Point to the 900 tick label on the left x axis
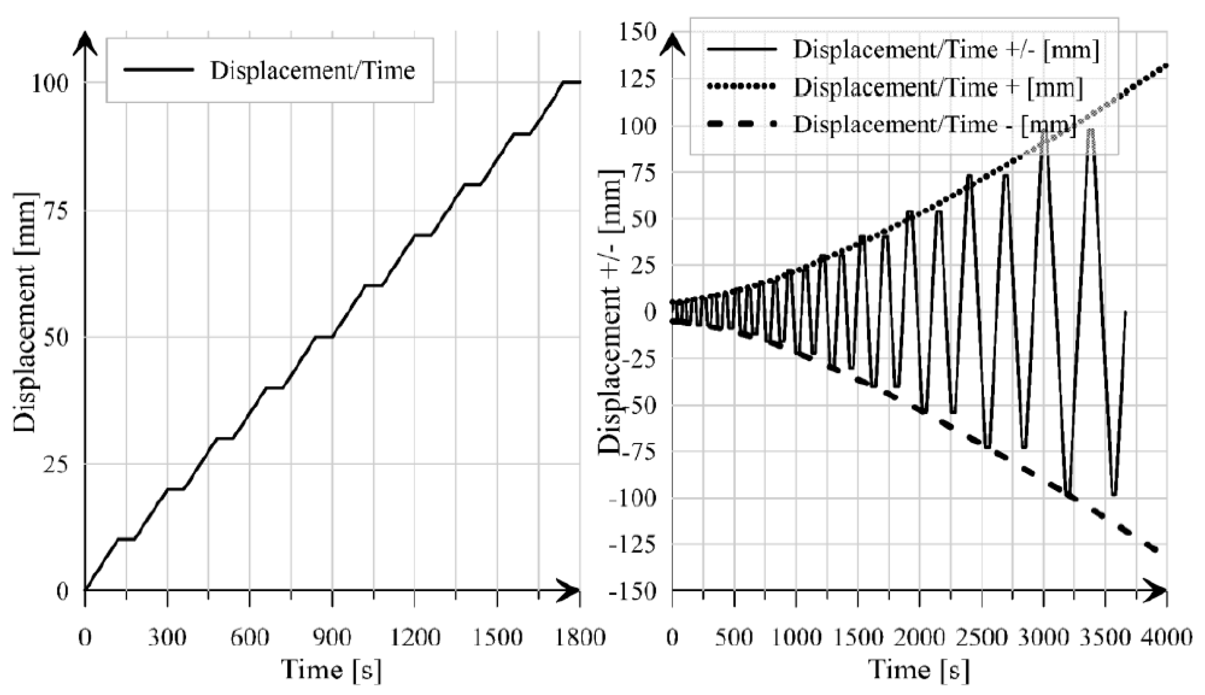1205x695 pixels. tap(332, 638)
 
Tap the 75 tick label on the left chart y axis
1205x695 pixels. tap(56, 211)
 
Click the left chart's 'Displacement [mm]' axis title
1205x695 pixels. tap(25, 313)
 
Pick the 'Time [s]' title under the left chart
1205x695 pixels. tap(331, 670)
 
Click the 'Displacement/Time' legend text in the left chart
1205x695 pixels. tap(313, 71)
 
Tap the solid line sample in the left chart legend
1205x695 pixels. tap(158, 70)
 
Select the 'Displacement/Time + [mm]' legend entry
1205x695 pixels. tap(938, 87)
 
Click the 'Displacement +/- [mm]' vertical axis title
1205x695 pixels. tap(610, 313)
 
